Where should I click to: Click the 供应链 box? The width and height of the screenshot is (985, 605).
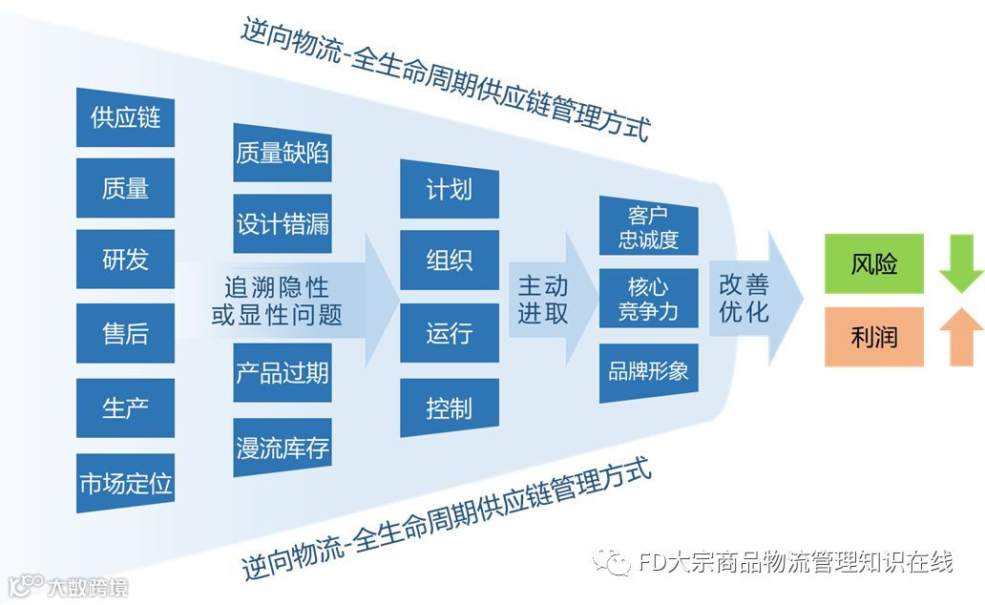(125, 117)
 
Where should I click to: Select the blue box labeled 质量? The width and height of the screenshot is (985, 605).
(125, 188)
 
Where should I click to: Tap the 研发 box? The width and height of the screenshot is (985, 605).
(125, 259)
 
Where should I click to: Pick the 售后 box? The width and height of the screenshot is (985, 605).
(125, 333)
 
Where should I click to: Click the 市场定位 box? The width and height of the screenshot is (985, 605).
(125, 483)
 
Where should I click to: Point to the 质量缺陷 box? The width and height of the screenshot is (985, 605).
(283, 152)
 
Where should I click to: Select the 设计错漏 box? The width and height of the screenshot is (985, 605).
(283, 223)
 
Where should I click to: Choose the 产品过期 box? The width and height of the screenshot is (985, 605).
(283, 372)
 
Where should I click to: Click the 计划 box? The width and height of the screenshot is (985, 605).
(449, 188)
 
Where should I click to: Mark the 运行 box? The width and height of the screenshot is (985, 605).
(449, 333)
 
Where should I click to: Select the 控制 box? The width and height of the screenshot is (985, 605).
(449, 407)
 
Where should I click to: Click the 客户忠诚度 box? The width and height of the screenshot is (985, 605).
(648, 227)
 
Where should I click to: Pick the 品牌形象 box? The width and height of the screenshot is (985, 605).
(648, 371)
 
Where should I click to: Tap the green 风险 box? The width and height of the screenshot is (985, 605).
(874, 263)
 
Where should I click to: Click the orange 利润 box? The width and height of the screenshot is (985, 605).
(874, 336)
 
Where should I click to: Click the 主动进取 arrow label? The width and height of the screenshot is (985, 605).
(543, 300)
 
